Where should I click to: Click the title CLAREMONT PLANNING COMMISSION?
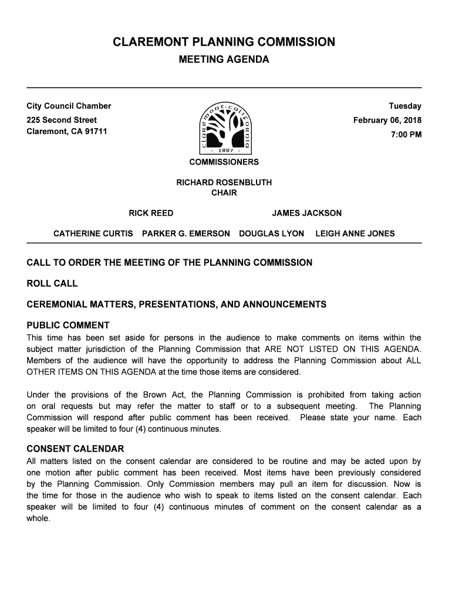[x=224, y=42]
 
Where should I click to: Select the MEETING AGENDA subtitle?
[x=224, y=60]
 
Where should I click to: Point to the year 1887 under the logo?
[x=225, y=150]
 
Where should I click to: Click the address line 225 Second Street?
[x=62, y=120]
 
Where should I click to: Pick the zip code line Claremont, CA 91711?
[x=67, y=131]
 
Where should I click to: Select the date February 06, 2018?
[x=387, y=121]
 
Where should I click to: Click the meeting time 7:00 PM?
[x=406, y=135]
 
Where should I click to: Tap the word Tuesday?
[x=405, y=106]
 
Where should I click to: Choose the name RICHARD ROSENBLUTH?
[x=224, y=183]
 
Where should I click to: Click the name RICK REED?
[x=151, y=213]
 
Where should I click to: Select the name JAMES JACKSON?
[x=306, y=213]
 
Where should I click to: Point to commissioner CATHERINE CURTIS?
[x=93, y=234]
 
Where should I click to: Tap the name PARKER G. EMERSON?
[x=186, y=234]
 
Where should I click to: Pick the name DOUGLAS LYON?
[x=271, y=234]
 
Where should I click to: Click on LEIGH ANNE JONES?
[x=355, y=234]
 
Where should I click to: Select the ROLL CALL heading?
[x=52, y=284]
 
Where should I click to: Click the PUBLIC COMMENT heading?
[x=68, y=326]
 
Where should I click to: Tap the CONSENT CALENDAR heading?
[x=75, y=449]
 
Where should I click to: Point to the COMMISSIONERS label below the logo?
[x=224, y=162]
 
